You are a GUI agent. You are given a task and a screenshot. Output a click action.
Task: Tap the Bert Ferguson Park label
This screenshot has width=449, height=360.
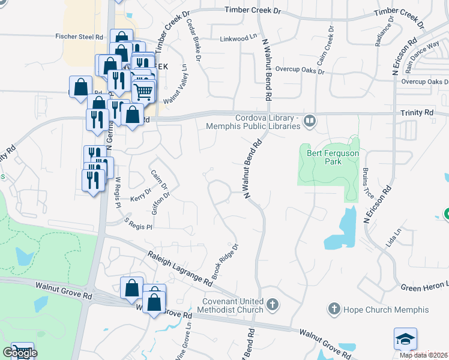point(324,157)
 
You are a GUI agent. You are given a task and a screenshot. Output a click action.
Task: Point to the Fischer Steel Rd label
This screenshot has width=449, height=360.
point(83,36)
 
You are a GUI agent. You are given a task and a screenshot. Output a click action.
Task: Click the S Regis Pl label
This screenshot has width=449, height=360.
point(139,224)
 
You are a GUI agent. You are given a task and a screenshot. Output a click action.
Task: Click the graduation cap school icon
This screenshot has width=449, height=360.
point(405,340)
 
